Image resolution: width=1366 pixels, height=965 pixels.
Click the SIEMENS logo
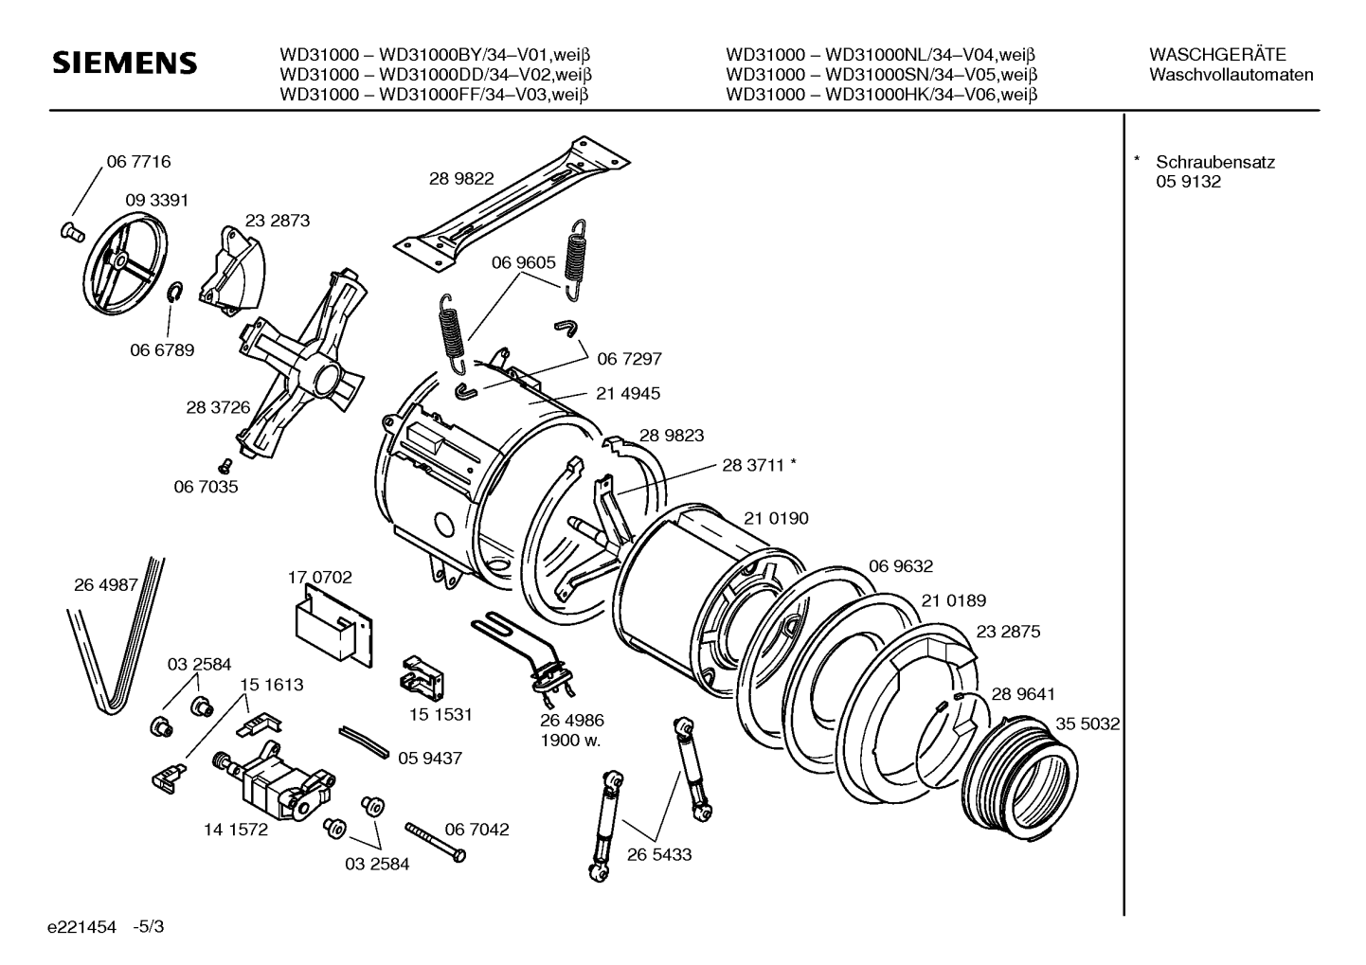[125, 63]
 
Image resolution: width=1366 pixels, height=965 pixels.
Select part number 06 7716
[138, 162]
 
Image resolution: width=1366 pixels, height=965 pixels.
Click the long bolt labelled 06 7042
[436, 842]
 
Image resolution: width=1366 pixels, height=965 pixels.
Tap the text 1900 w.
[571, 741]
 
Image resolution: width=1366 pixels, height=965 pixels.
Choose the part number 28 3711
[753, 465]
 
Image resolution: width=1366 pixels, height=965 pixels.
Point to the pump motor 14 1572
[275, 781]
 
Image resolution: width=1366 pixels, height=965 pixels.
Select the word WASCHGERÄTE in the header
[1218, 55]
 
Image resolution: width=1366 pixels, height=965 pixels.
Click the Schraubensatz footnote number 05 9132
[1189, 182]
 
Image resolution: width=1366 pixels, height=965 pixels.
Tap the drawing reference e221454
[81, 927]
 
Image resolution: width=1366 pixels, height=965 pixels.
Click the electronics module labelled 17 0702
[333, 626]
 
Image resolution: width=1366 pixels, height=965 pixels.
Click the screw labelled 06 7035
[225, 466]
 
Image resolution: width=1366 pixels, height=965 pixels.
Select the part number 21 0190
[776, 518]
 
